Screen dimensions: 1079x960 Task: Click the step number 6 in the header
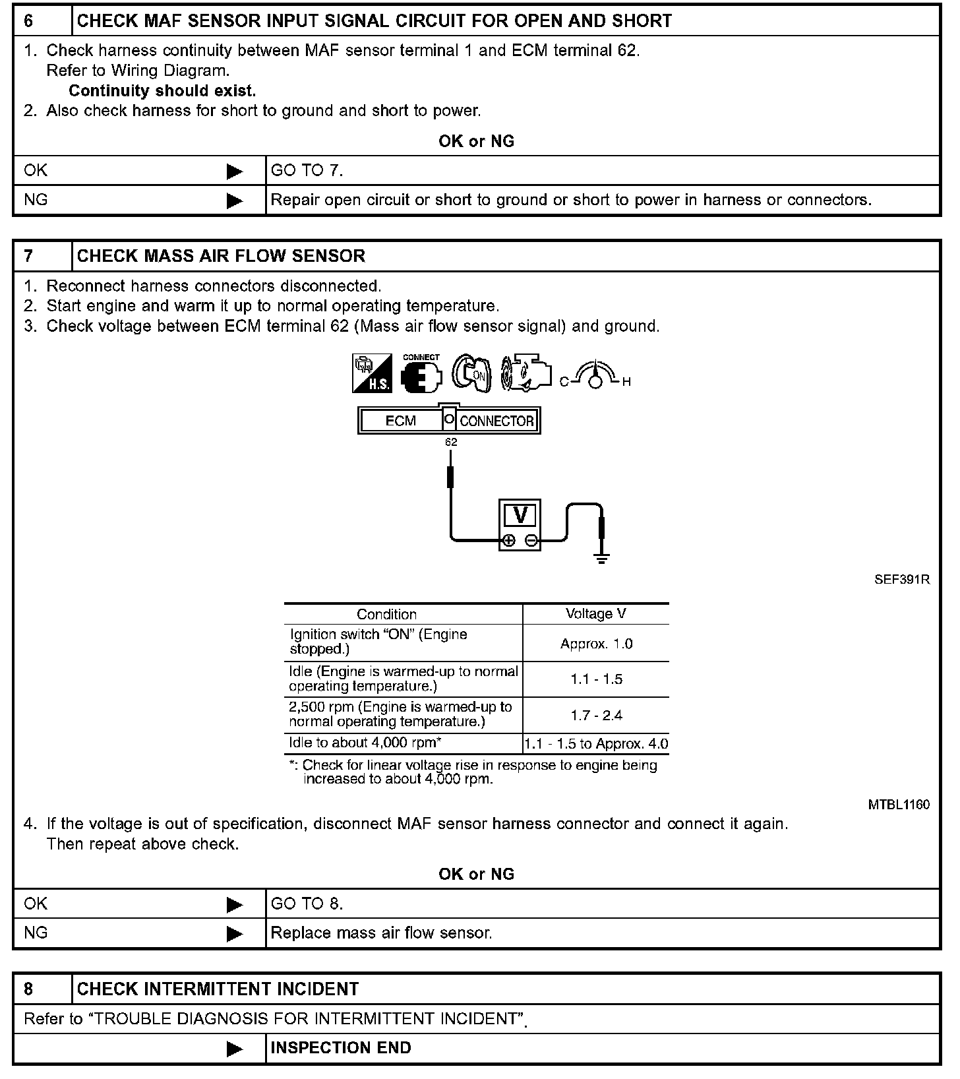click(x=29, y=21)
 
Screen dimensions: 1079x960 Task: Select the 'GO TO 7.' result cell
click(x=307, y=171)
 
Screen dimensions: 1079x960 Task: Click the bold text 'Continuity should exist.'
click(x=162, y=91)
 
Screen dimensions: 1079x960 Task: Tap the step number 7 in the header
click(x=29, y=256)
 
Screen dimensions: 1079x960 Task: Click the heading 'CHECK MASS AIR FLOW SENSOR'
click(x=221, y=256)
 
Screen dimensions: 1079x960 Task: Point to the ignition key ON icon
click(x=471, y=374)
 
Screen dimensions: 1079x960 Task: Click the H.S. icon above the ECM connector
click(x=373, y=374)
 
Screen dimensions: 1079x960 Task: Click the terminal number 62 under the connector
click(x=451, y=443)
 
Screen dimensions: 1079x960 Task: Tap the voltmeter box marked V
click(x=520, y=524)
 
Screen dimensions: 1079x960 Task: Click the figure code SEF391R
click(x=902, y=580)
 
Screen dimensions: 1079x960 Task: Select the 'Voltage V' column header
click(x=596, y=614)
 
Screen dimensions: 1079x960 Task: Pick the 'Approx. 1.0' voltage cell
click(x=596, y=644)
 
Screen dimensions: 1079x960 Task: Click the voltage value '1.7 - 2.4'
click(x=596, y=716)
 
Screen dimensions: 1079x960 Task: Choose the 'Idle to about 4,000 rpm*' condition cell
click(x=365, y=743)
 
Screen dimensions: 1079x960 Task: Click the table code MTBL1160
click(x=899, y=805)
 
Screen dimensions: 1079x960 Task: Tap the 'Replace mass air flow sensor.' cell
click(x=381, y=933)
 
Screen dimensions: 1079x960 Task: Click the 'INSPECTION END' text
click(x=341, y=1048)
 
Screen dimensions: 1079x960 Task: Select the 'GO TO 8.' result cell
click(x=307, y=904)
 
